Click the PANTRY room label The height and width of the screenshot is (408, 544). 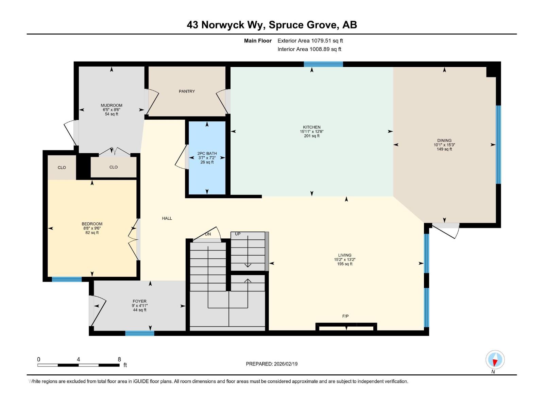(x=187, y=91)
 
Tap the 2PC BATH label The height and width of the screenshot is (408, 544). (x=207, y=153)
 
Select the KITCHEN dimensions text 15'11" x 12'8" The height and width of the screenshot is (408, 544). (x=311, y=132)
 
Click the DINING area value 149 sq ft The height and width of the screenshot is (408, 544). (x=444, y=149)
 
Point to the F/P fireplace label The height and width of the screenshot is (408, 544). (x=345, y=316)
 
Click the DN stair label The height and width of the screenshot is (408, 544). (x=208, y=234)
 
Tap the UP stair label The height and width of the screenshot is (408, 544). (x=238, y=234)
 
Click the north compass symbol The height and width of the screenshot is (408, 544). (x=495, y=360)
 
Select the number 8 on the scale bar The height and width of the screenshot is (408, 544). (x=119, y=359)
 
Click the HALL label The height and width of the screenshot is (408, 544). (x=167, y=218)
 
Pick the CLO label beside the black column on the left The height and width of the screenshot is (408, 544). (x=62, y=168)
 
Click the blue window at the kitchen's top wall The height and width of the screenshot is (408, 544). (x=323, y=64)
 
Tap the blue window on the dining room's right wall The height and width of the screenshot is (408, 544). (x=498, y=144)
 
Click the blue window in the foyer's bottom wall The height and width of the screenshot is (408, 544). (x=140, y=333)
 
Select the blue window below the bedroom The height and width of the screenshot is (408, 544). (x=67, y=279)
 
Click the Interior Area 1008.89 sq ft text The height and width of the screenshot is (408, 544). (x=309, y=49)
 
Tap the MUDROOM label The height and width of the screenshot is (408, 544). (x=112, y=105)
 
